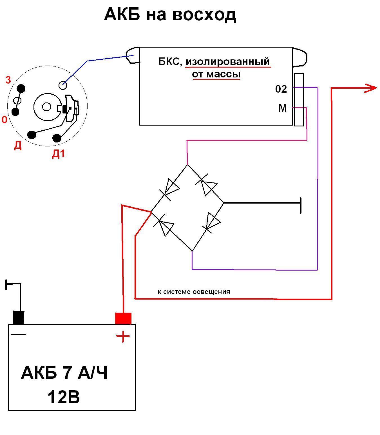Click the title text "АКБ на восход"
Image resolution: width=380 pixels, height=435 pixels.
[170, 15]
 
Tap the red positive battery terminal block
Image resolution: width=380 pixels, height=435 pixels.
[123, 318]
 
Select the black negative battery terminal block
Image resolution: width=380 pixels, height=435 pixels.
[19, 318]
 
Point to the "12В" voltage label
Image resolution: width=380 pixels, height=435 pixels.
[64, 397]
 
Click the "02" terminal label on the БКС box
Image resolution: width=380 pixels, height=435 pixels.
[281, 89]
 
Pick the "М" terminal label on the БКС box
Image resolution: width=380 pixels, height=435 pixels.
[283, 108]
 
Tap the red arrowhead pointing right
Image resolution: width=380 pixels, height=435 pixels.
[371, 88]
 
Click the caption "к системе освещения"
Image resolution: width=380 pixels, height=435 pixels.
[194, 292]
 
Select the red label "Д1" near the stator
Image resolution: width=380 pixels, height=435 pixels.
[59, 154]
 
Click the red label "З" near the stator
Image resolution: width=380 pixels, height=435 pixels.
[8, 80]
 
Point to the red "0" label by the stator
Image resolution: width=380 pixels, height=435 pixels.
[5, 120]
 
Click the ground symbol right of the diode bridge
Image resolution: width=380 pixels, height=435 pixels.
[300, 205]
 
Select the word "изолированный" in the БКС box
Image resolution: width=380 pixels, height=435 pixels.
[227, 61]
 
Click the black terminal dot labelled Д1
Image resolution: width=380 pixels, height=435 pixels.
[57, 138]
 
